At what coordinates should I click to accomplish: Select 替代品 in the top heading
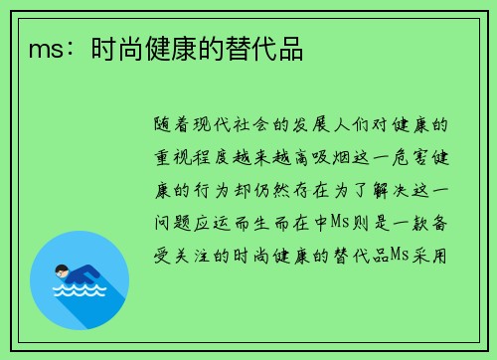[x=271, y=49]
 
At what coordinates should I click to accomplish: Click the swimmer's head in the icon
[x=63, y=271]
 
